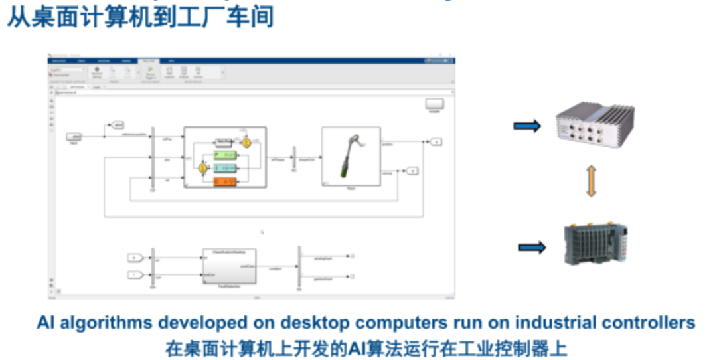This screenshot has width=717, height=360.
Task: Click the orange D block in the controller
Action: [226, 182]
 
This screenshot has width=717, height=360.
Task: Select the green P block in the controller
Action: [226, 155]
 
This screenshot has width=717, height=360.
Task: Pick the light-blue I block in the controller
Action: [226, 169]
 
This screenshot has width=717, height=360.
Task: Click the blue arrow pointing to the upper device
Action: [527, 126]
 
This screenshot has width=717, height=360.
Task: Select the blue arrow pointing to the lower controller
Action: [532, 248]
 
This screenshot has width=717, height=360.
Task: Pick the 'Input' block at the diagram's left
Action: [74, 137]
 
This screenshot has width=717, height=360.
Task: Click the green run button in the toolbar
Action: [151, 69]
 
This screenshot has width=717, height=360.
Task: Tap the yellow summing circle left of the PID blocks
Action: [203, 169]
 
